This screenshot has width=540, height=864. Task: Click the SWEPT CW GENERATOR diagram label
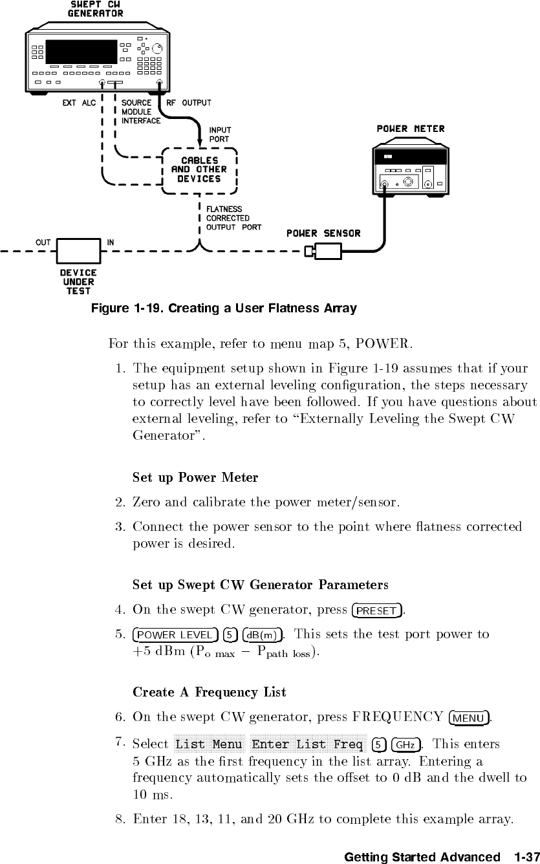point(96,9)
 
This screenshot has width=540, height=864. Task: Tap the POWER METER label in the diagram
point(411,129)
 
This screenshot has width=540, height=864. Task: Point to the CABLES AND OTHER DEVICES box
point(199,169)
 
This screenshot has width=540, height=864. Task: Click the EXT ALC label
point(79,103)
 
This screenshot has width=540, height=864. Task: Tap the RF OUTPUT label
point(189,103)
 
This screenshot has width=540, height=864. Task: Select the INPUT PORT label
point(220,135)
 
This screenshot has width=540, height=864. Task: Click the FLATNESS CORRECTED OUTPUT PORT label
point(233,218)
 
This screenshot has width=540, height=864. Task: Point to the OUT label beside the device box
point(43,243)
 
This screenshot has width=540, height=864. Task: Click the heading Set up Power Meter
point(195,479)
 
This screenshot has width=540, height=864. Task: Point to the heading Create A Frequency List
point(209,693)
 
